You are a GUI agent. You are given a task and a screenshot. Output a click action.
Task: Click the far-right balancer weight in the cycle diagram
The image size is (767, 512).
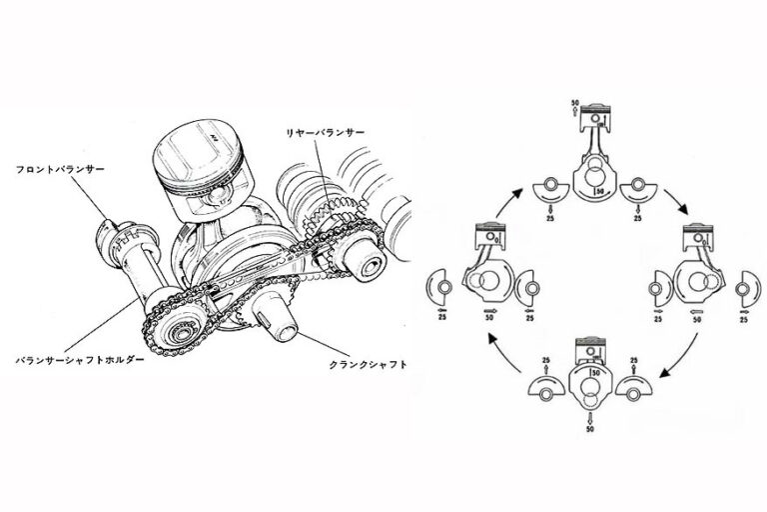pyautogui.click(x=744, y=291)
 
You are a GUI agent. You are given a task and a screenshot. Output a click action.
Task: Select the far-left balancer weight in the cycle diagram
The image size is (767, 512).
pyautogui.click(x=435, y=289)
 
